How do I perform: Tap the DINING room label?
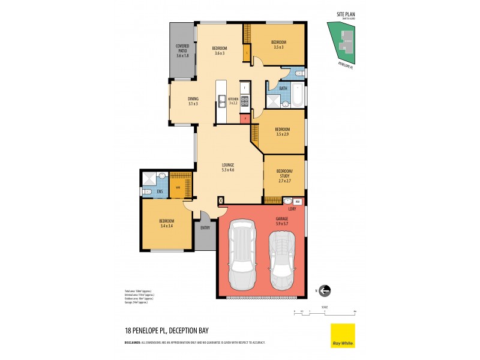point(193,99)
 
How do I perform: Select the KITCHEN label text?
point(233,99)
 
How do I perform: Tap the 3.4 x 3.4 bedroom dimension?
point(167,226)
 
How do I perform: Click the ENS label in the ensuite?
point(160,192)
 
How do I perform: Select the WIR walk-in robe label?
point(178,187)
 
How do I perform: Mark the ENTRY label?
point(205,227)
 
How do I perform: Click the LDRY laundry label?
point(292,209)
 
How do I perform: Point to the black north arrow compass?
point(325,291)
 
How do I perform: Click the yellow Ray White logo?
point(343,336)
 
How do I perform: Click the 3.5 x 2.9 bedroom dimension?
point(282,134)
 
